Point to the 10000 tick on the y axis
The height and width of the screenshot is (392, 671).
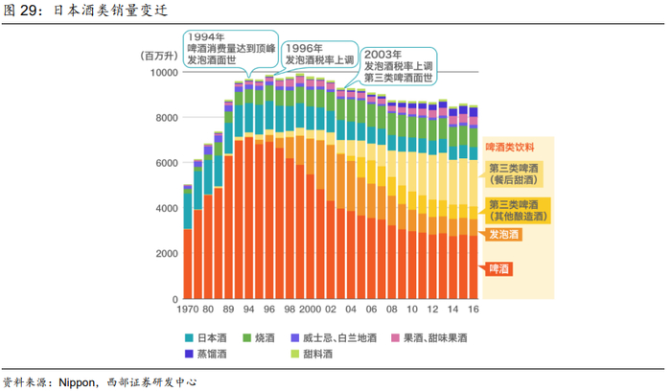(157, 72)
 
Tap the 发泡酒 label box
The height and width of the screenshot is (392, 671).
(504, 234)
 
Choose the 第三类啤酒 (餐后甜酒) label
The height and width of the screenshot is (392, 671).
(514, 173)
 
